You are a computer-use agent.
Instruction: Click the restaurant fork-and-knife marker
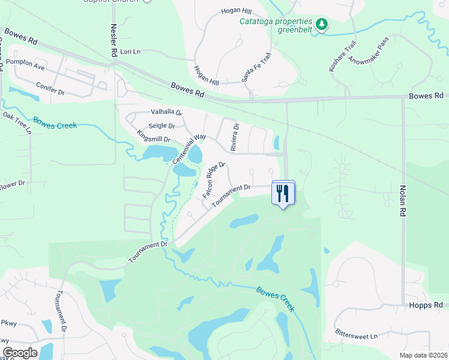(283, 193)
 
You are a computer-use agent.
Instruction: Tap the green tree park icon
(323, 24)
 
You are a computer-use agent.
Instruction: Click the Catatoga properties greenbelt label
(276, 27)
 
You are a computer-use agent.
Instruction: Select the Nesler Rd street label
(113, 41)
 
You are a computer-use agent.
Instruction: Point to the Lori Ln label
(130, 52)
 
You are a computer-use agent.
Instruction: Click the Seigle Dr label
(161, 126)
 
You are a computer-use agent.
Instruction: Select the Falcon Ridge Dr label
(213, 180)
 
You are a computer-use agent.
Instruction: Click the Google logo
(20, 353)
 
